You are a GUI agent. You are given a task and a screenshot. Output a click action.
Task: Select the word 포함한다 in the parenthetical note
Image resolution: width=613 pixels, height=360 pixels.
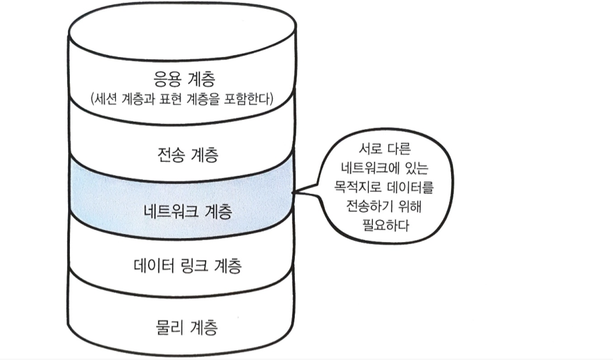tap(253, 99)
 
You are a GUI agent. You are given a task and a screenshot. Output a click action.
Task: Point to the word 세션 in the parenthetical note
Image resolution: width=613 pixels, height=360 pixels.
tap(106, 99)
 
